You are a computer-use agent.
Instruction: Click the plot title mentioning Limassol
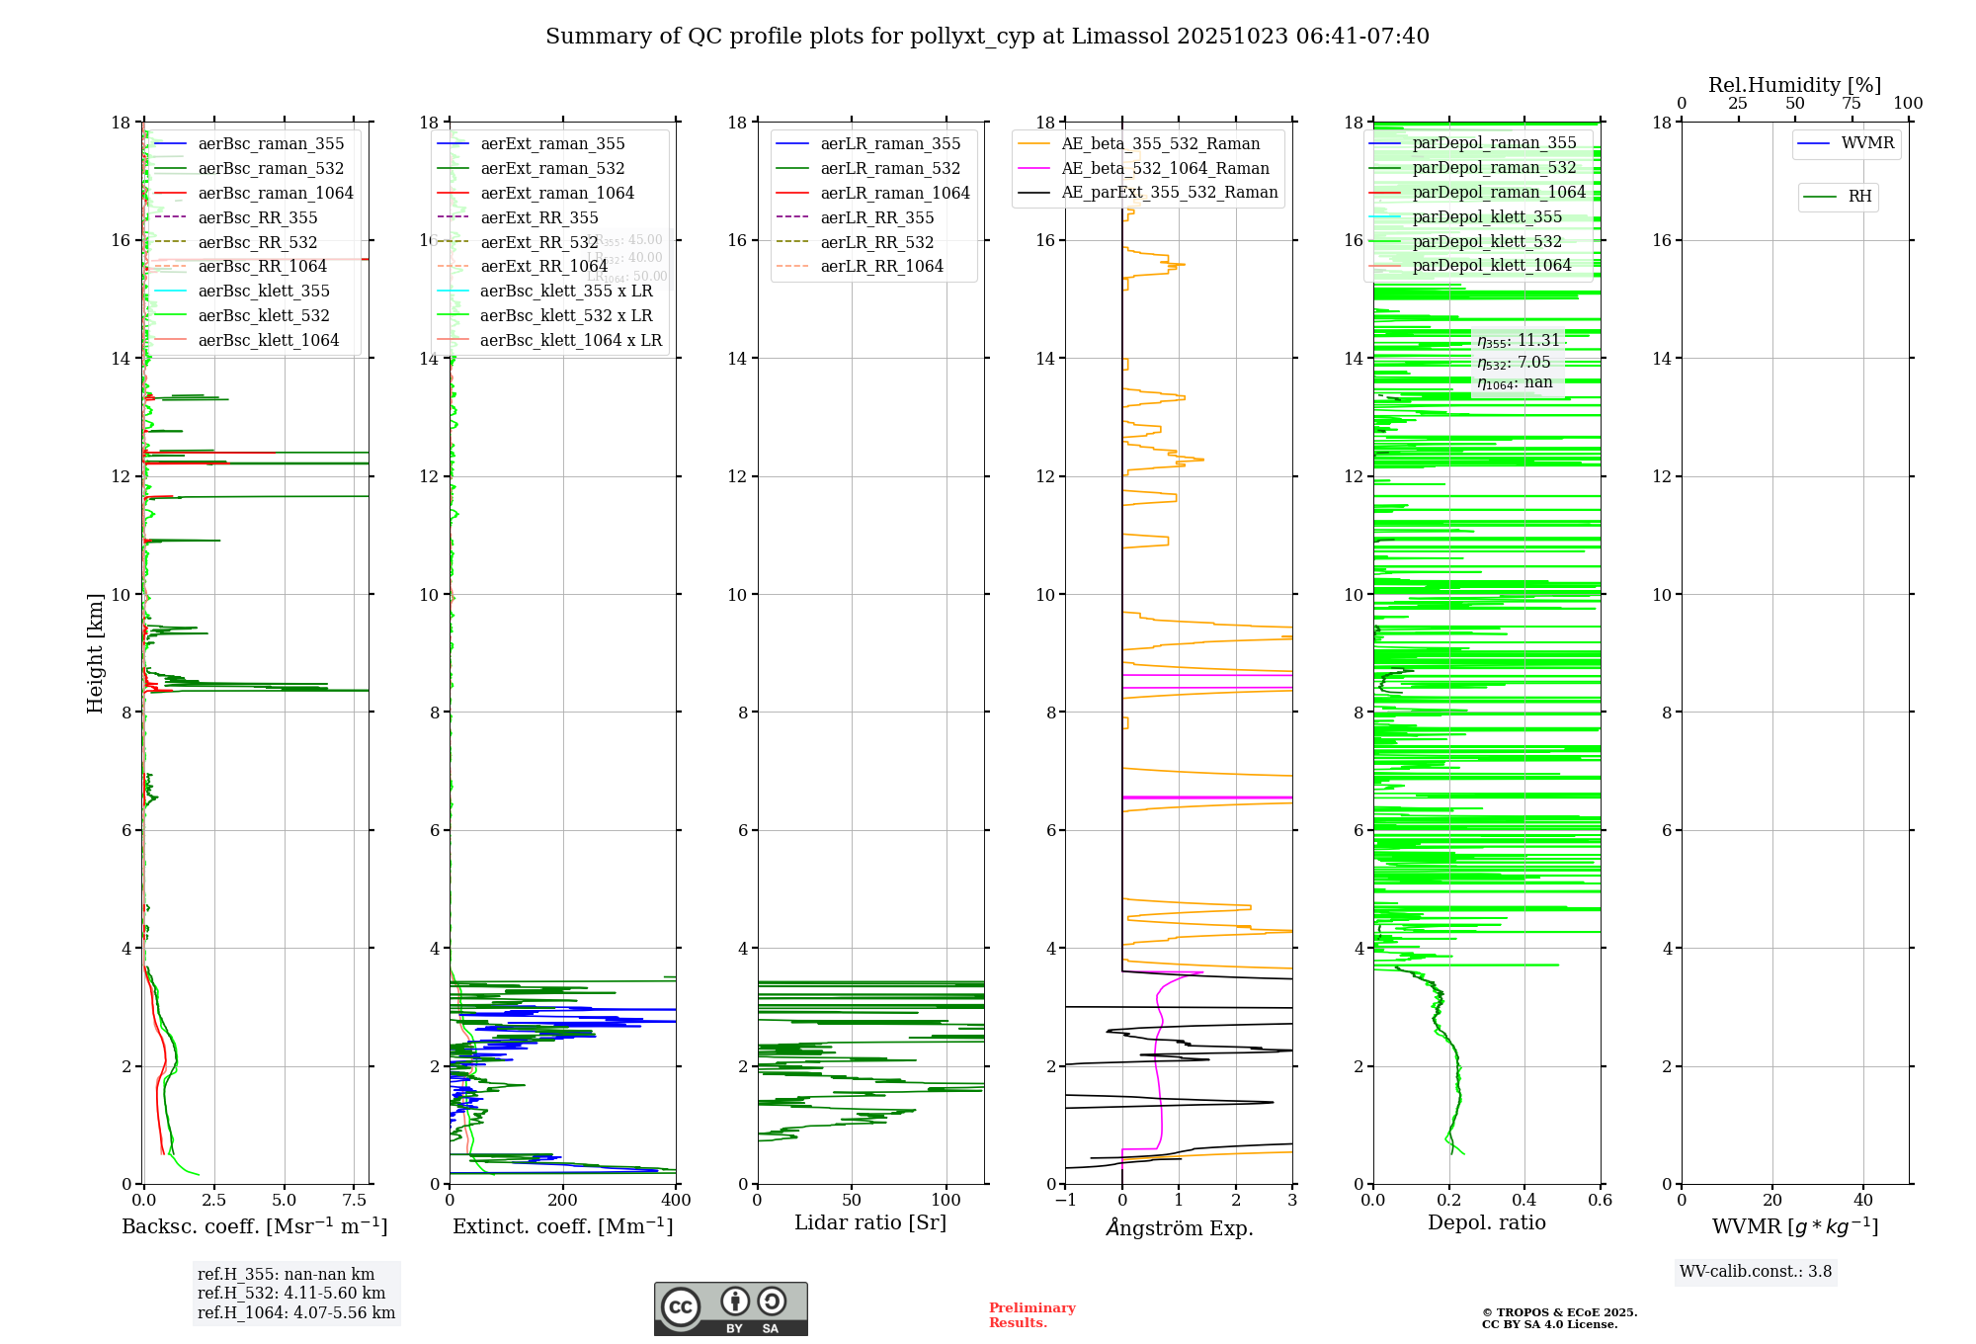point(987,37)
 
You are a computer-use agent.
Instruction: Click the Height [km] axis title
point(95,652)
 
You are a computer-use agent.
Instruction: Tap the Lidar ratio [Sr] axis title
point(870,1222)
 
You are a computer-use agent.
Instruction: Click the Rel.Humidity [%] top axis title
point(1794,85)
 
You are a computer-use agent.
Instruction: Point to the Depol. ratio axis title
point(1486,1222)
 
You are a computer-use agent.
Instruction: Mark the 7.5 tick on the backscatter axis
point(355,1201)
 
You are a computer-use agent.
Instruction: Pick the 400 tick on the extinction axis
point(676,1201)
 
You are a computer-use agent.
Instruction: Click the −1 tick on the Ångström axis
point(1065,1201)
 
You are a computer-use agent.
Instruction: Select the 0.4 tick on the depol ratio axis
point(1524,1201)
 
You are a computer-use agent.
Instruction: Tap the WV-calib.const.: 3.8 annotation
point(1756,1272)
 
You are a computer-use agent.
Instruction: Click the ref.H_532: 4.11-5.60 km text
point(291,1293)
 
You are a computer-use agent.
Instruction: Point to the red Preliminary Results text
point(1031,1315)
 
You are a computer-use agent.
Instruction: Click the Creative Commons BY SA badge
point(730,1308)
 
